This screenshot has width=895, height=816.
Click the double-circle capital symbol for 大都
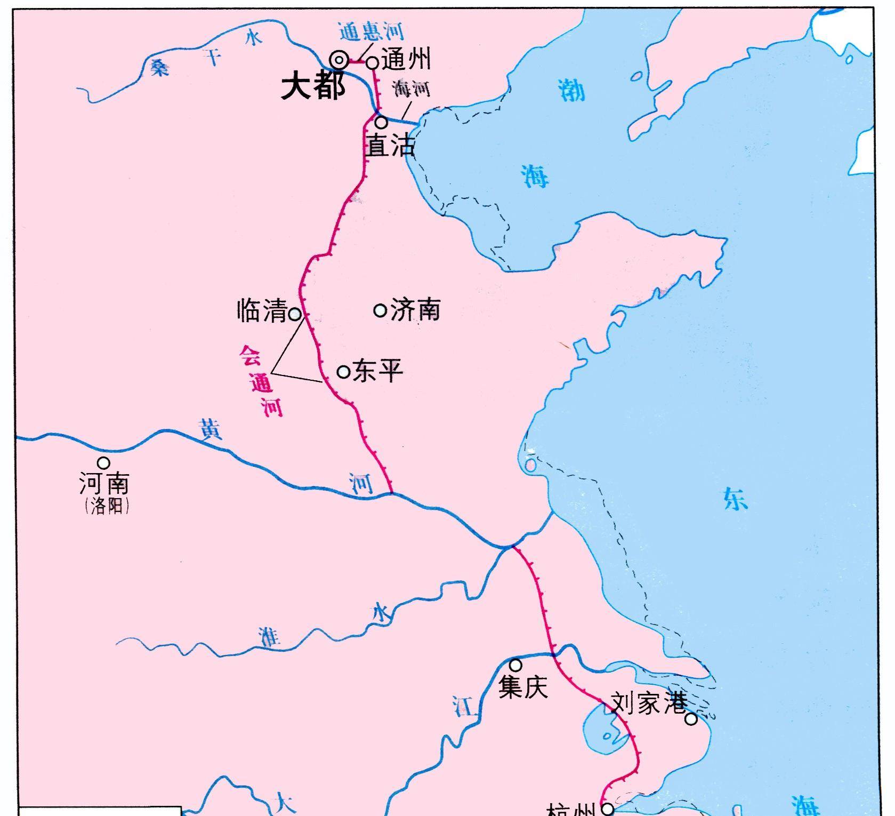point(339,60)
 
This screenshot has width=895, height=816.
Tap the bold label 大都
point(313,86)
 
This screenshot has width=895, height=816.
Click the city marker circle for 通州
point(373,63)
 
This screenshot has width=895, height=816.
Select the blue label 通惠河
point(372,32)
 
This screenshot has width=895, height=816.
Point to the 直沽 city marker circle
point(381,122)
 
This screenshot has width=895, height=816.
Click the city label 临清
point(262,310)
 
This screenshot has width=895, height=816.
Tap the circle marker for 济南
point(380,310)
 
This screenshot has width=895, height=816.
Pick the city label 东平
point(378,371)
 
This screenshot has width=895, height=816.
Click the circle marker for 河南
point(103,462)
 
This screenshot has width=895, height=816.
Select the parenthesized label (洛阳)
point(107,506)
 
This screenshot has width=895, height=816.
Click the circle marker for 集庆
point(515,665)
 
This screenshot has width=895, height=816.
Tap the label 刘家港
point(648,703)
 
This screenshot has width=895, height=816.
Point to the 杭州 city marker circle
point(608,810)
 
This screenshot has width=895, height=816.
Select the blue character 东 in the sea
point(736,500)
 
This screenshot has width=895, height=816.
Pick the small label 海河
point(411,89)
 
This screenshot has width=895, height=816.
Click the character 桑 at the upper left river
point(159,68)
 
